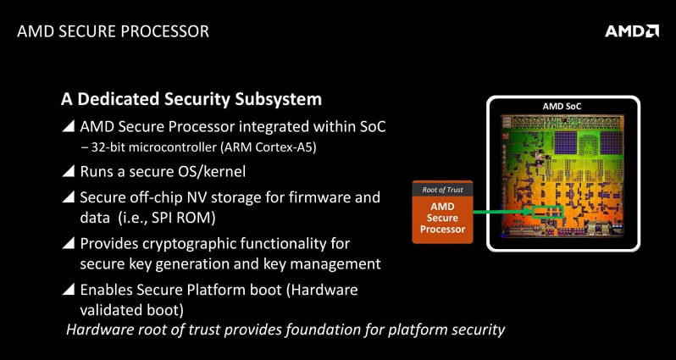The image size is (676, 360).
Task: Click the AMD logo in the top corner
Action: (x=631, y=31)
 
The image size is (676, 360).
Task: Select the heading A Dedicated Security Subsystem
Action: (x=191, y=99)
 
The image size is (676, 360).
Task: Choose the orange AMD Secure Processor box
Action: (x=441, y=218)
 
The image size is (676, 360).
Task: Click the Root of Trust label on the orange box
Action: (x=441, y=190)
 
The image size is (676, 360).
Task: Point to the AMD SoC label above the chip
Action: (x=562, y=106)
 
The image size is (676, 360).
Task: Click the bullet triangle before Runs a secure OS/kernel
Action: (x=68, y=173)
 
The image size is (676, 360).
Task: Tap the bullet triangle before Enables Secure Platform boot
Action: (x=68, y=290)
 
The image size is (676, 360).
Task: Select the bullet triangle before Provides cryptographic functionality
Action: (x=68, y=244)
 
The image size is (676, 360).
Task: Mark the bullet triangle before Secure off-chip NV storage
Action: (x=68, y=197)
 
